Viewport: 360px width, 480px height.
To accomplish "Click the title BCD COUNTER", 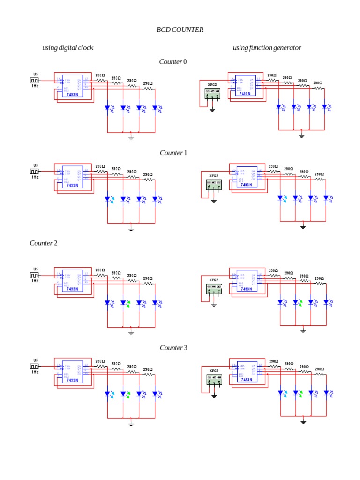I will tap(180, 30).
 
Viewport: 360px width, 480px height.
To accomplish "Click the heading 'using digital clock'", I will tap(67, 48).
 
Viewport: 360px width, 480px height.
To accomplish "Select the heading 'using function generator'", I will tap(267, 48).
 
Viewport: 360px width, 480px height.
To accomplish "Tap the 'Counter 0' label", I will tap(173, 62).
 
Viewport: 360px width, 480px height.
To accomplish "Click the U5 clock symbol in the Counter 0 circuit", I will tap(35, 80).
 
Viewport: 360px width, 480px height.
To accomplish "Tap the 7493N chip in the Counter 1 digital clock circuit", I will tap(73, 178).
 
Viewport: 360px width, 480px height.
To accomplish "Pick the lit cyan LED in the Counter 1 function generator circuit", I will tap(280, 198).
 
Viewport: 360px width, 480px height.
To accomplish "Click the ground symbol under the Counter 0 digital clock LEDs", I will tap(131, 137).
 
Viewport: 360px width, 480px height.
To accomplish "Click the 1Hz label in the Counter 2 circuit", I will tap(35, 281).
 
